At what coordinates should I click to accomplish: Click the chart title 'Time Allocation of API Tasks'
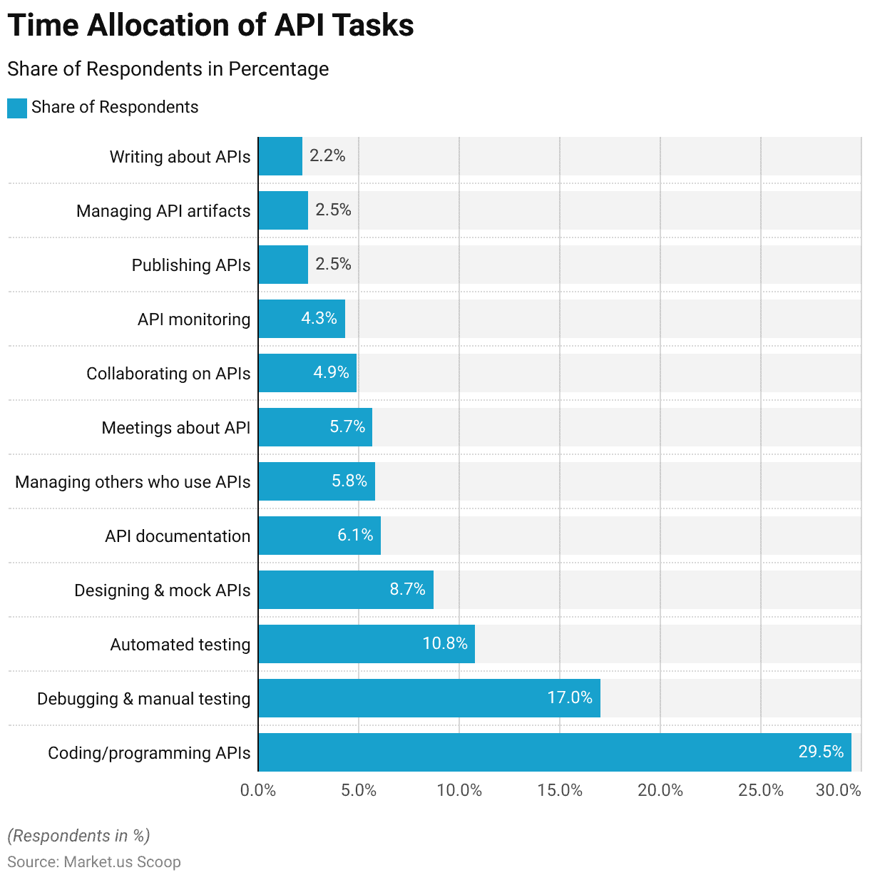click(x=210, y=26)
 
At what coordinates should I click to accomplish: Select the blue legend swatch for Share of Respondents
click(x=16, y=108)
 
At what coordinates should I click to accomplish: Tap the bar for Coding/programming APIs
click(x=554, y=752)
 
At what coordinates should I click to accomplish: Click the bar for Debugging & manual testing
click(x=429, y=698)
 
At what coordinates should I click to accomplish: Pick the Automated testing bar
click(x=366, y=644)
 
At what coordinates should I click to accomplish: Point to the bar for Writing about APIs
click(x=280, y=156)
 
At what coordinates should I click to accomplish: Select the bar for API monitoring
click(x=302, y=319)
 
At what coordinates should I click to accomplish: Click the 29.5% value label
click(x=821, y=752)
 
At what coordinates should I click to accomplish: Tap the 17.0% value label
click(x=570, y=697)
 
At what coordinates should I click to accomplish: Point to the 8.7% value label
click(x=407, y=589)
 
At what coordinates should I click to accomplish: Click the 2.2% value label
click(x=327, y=155)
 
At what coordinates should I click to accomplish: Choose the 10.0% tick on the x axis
click(x=459, y=790)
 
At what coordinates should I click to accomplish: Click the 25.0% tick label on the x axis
click(x=761, y=790)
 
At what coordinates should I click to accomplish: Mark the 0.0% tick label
click(x=258, y=790)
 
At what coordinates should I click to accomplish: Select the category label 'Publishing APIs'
click(x=191, y=265)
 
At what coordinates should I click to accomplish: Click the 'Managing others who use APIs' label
click(x=133, y=482)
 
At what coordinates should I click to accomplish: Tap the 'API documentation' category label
click(x=178, y=536)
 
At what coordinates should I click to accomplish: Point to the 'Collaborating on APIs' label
click(x=168, y=374)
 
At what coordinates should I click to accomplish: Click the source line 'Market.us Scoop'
click(x=94, y=861)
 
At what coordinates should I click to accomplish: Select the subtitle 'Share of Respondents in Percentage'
click(x=168, y=69)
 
